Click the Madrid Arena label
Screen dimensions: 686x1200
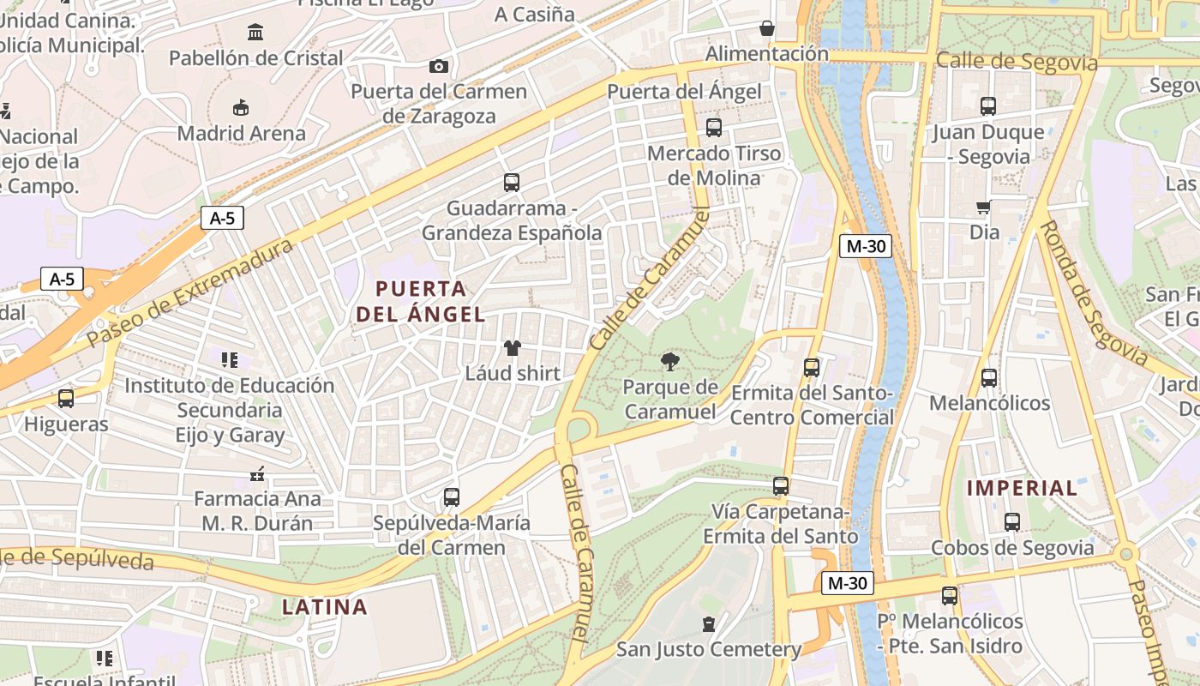(x=241, y=134)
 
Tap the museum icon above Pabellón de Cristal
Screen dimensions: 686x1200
(x=255, y=33)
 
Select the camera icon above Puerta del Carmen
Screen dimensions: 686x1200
(x=438, y=66)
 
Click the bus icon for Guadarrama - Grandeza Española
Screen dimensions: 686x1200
(x=512, y=182)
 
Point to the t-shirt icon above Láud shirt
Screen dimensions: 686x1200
(x=513, y=347)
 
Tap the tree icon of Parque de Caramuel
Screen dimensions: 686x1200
(x=670, y=362)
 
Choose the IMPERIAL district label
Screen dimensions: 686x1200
(x=1022, y=488)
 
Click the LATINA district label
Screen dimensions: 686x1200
(x=325, y=607)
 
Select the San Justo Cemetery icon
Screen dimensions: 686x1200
(x=709, y=623)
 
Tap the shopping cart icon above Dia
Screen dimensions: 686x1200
(x=984, y=207)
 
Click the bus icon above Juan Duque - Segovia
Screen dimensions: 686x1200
(x=988, y=106)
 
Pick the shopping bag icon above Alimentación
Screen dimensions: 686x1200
(x=767, y=28)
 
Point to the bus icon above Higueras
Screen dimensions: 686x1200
(x=66, y=398)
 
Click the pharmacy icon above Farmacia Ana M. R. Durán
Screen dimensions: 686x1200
(x=256, y=473)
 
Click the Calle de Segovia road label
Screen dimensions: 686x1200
(x=1017, y=61)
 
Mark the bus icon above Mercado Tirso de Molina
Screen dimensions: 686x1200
(x=714, y=128)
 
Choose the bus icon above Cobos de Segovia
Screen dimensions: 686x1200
(x=1012, y=521)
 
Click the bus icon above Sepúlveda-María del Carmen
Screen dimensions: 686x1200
(x=452, y=496)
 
